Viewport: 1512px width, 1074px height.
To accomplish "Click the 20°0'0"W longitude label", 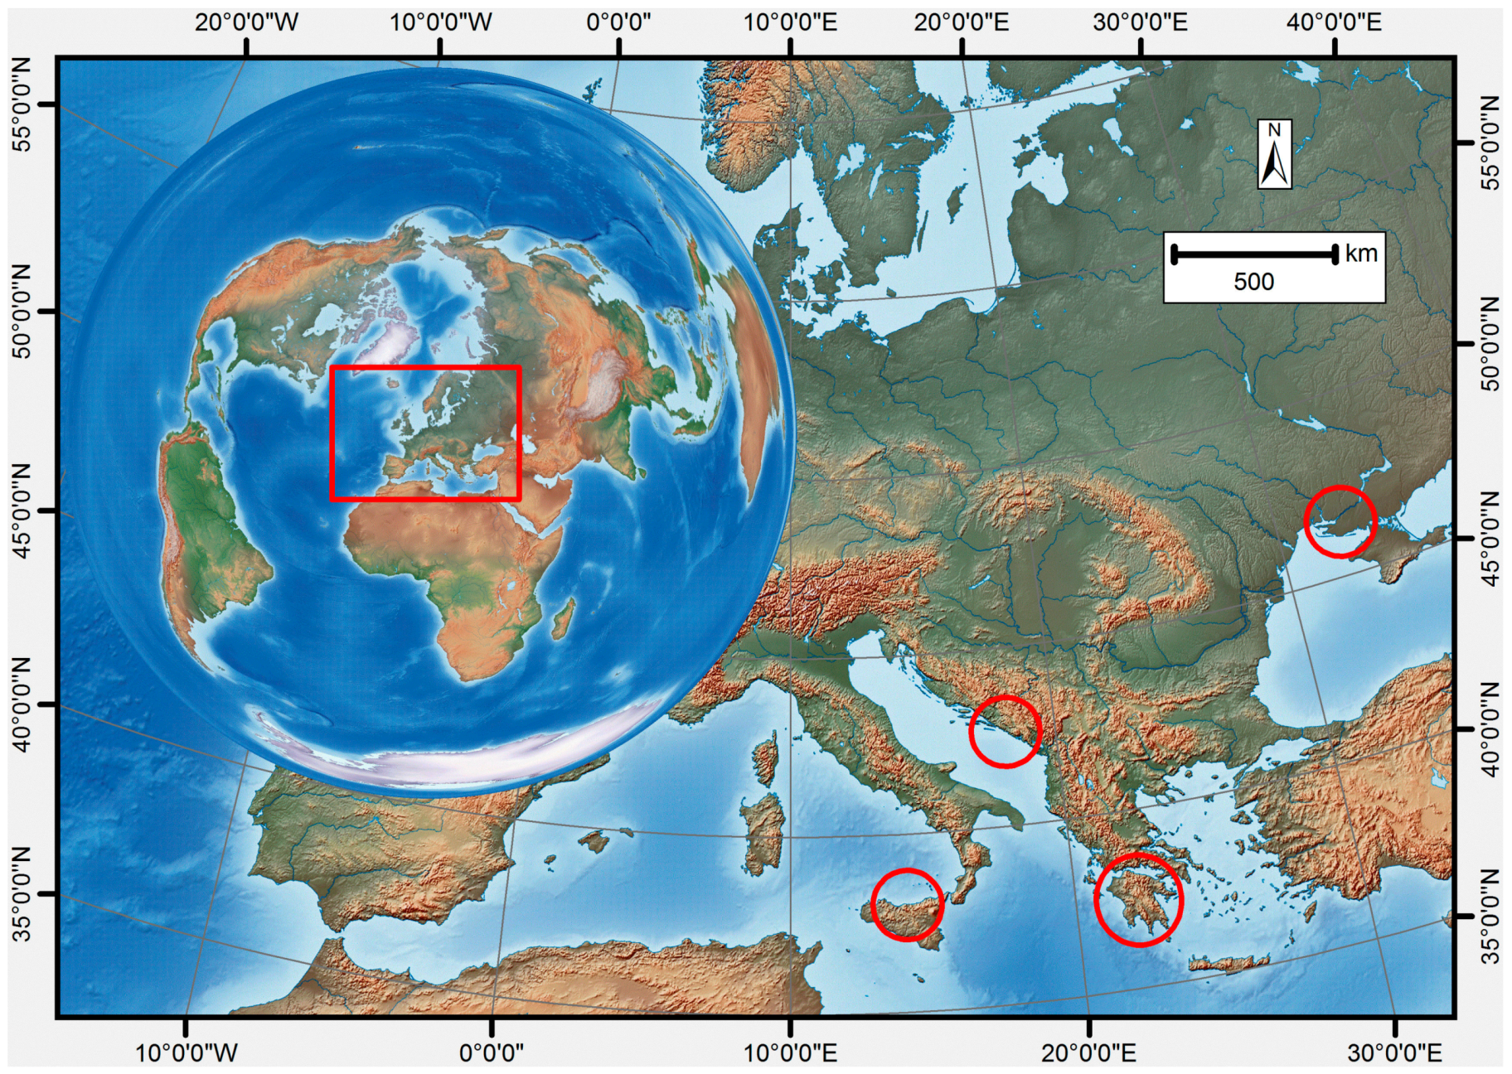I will pos(246,22).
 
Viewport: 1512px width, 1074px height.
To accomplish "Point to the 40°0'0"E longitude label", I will pos(1334,22).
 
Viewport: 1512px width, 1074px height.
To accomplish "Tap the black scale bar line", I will pos(1253,254).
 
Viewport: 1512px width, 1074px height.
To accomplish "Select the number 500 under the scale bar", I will pos(1253,282).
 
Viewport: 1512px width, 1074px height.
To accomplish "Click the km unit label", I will pos(1361,254).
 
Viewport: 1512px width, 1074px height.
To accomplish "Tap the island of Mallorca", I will pos(594,842).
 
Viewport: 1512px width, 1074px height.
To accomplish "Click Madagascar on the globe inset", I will pos(563,618).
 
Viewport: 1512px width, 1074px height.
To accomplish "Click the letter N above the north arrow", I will pos(1275,130).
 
